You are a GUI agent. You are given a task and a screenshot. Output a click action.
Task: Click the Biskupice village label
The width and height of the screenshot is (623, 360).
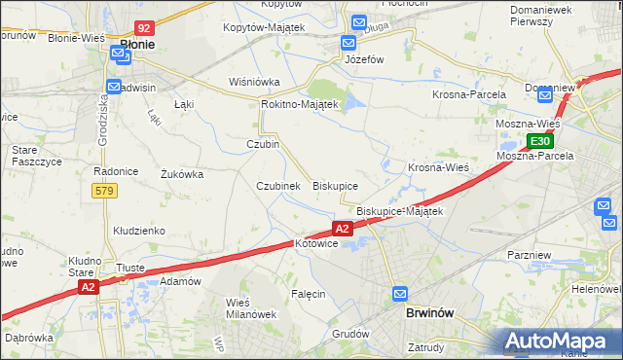click(335, 185)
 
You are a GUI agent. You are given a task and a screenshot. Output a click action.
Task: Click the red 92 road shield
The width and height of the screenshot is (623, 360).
click(144, 30)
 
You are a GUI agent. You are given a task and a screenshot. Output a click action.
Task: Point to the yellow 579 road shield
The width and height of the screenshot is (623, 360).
click(105, 191)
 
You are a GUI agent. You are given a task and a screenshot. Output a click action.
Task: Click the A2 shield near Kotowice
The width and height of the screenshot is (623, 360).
click(342, 229)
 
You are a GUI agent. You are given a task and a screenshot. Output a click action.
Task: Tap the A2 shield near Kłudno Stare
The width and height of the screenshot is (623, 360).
click(88, 287)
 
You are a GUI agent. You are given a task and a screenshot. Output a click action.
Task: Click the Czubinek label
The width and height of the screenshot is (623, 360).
click(277, 185)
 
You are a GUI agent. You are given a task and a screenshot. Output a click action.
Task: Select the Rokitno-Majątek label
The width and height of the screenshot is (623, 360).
click(299, 104)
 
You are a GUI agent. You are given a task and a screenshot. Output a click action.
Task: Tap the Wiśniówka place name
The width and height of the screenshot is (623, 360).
click(253, 82)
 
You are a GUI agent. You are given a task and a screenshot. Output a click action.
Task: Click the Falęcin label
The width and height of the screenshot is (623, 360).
click(308, 293)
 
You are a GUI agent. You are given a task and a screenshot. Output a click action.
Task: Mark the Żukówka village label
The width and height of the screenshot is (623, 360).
click(181, 175)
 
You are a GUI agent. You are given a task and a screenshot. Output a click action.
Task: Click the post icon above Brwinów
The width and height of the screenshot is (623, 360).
click(400, 294)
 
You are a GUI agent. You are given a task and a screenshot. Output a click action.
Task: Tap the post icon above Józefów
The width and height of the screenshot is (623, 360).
click(348, 43)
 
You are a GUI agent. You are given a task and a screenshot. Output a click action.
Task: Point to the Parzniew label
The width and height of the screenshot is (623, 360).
click(530, 255)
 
